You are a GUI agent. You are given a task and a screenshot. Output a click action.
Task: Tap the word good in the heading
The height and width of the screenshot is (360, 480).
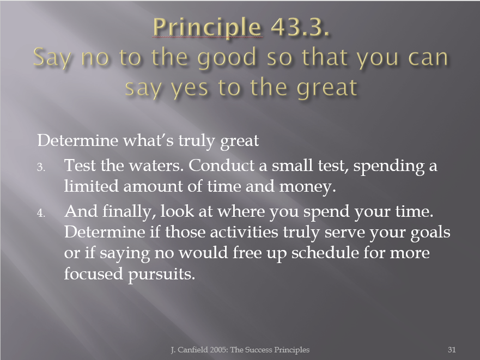coord(227,58)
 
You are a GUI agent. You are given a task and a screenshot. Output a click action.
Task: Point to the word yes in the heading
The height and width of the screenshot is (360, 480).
coord(190,88)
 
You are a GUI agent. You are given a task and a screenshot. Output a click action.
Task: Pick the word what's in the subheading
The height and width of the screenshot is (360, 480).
coord(148,141)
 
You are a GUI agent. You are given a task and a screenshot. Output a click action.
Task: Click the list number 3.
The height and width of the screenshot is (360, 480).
coord(41,167)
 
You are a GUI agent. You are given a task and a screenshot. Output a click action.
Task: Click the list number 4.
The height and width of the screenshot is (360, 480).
coord(41,213)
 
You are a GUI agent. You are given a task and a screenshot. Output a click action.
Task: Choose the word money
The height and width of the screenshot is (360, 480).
coord(307,187)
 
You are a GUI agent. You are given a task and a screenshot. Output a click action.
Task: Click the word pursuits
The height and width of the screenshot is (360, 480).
coord(161,274)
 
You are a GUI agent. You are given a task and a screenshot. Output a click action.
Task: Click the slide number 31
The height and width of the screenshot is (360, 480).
coord(452,350)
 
